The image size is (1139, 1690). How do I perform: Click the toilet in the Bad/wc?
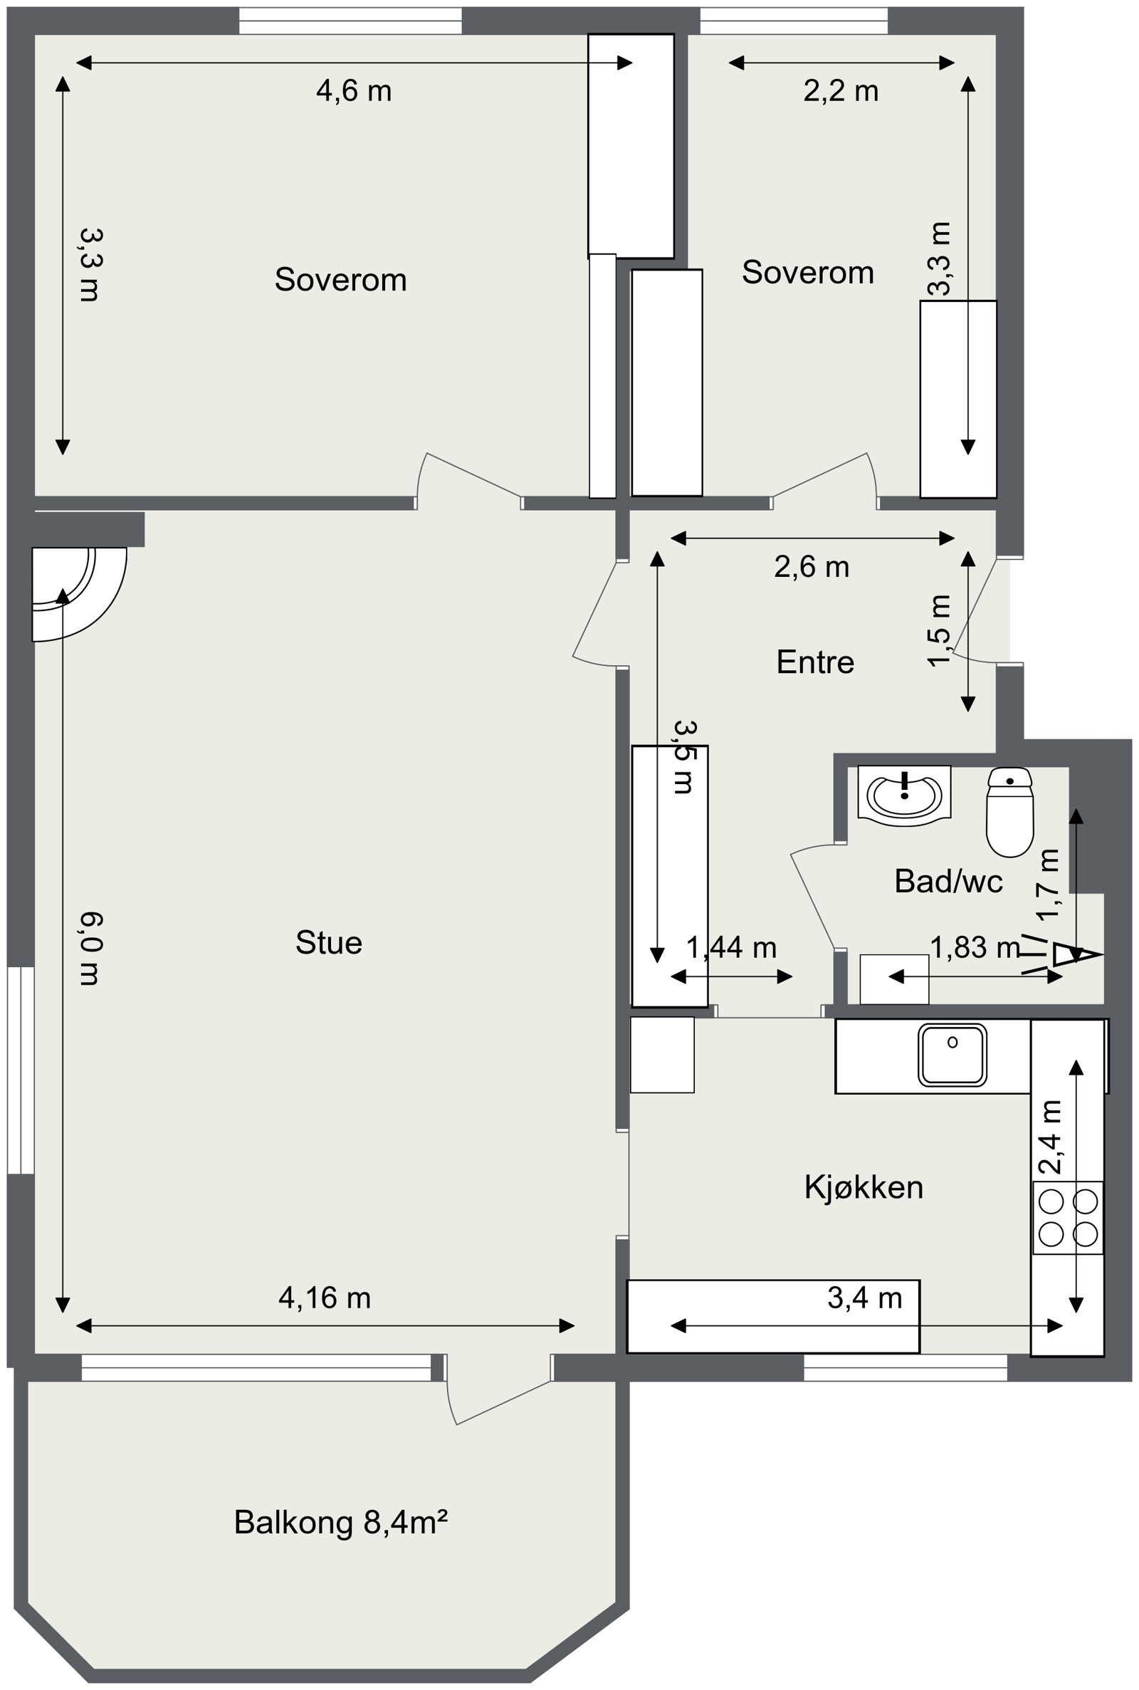pos(1009,812)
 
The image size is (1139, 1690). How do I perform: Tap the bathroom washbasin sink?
pos(904,795)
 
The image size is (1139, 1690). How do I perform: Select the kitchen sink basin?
pos(952,1054)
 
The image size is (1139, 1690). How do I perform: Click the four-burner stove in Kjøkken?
pos(1068,1217)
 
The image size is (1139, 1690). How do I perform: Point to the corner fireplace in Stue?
pos(79,594)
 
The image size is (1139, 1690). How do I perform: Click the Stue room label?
pos(328,942)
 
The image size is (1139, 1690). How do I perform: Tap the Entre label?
pos(815,662)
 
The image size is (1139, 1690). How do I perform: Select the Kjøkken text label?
pos(864,1187)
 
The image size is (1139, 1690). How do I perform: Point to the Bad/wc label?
pos(949,882)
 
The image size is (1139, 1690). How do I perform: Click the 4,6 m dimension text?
pos(354,91)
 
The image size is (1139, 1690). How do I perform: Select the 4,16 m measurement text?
pos(325,1298)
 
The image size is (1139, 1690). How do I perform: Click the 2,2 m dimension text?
pos(841,91)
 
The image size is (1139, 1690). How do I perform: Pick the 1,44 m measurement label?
pos(732,947)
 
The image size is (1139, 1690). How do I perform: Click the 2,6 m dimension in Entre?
pos(812,567)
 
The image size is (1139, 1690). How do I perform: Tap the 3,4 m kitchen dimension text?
pos(864,1298)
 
